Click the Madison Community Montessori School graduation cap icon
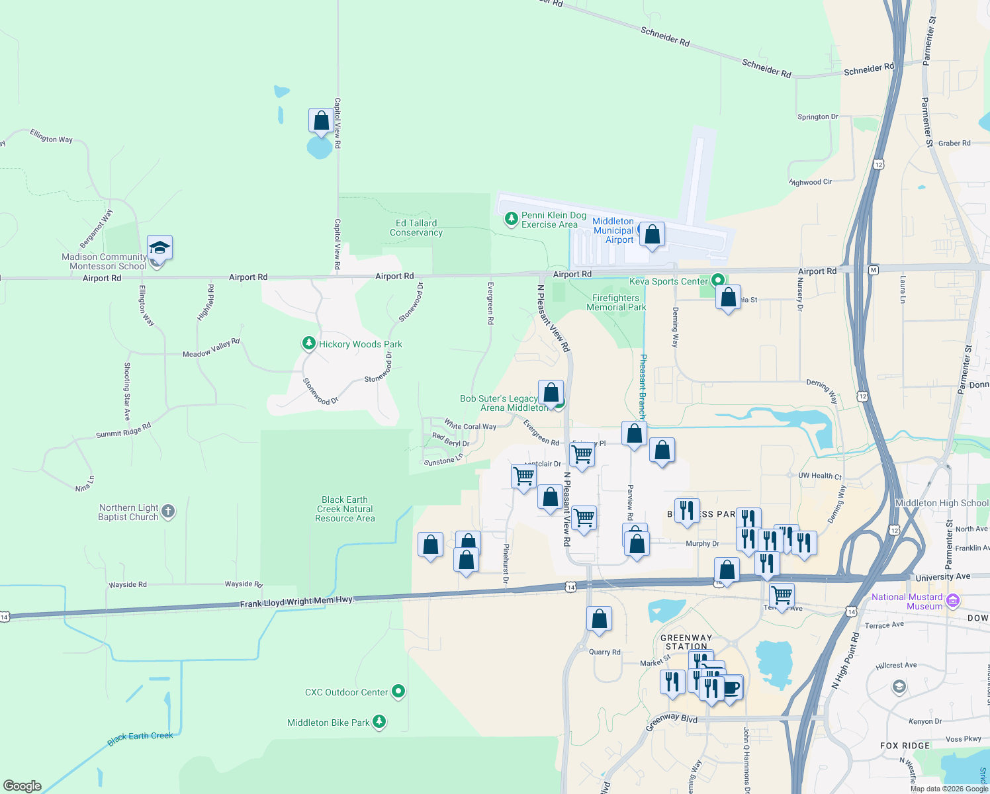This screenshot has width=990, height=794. pos(159,248)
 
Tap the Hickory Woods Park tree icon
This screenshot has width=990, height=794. pos(308,343)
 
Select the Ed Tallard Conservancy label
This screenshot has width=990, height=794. pos(416,228)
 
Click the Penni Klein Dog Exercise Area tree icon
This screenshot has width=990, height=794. pos(511,219)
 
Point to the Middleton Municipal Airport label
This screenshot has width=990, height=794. pos(613,230)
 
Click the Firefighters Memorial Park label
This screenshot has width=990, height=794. pos(616,302)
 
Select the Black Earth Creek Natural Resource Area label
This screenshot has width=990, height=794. pos(345,509)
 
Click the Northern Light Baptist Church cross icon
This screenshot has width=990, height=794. pos(168,511)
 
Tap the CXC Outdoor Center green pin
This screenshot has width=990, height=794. pos(398,691)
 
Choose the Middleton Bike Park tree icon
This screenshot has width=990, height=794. pos(379,722)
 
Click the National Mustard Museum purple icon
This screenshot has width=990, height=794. pos(953,601)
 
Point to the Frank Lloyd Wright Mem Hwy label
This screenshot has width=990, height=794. pos(297,602)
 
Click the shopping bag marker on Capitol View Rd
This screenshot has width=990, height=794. pos(321,121)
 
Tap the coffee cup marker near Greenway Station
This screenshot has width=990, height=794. pos(731,688)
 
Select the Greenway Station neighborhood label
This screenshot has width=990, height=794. pos(686,642)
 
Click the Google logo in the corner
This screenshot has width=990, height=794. pos(22,786)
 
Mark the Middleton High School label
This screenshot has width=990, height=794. pos(941,503)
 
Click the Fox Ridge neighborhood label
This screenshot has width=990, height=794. pos(905,746)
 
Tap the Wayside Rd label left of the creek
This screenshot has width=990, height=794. pos(128,585)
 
